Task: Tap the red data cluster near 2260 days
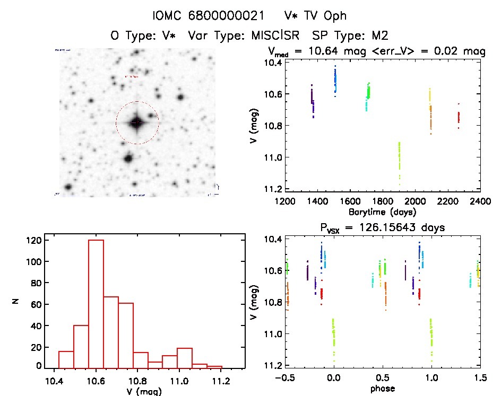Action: click(x=459, y=116)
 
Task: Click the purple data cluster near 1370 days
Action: click(x=313, y=102)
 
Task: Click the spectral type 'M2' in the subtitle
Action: click(x=380, y=36)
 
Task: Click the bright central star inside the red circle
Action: click(x=136, y=122)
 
